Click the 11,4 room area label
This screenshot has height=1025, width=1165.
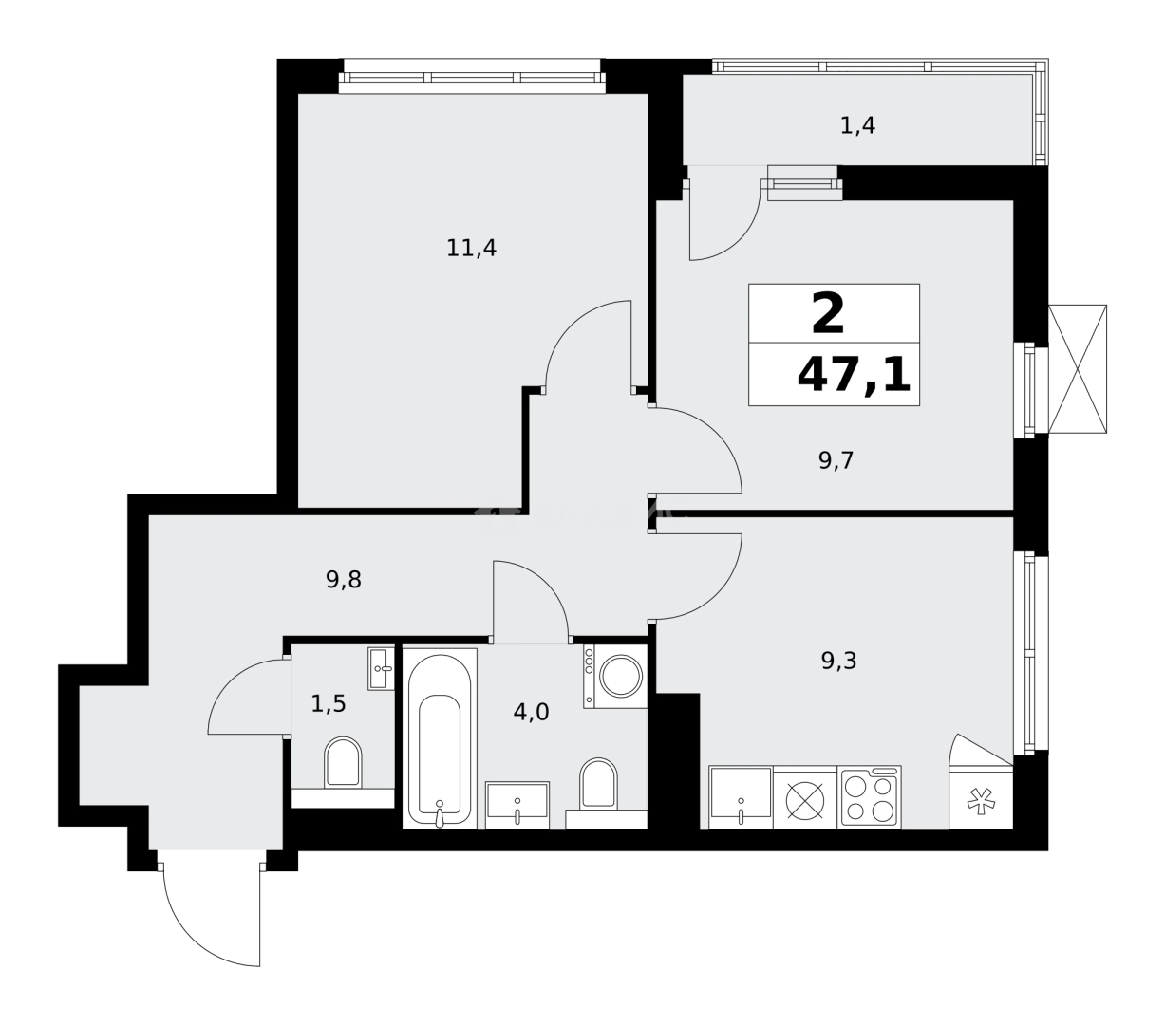coord(472,249)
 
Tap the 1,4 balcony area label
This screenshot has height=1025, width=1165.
coord(857,125)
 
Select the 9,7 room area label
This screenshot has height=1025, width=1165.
coord(837,461)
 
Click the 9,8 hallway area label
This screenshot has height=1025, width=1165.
coord(343,579)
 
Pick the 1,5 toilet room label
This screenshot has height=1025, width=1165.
coord(329,703)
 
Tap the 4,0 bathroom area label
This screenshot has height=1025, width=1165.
coord(531,712)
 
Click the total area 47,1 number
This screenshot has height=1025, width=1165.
coord(854,376)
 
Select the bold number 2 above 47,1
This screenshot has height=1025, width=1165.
coord(828,314)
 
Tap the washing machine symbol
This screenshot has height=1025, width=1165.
coord(615,676)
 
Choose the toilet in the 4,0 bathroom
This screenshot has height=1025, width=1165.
coord(598,784)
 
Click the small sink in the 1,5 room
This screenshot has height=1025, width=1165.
coord(381,668)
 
